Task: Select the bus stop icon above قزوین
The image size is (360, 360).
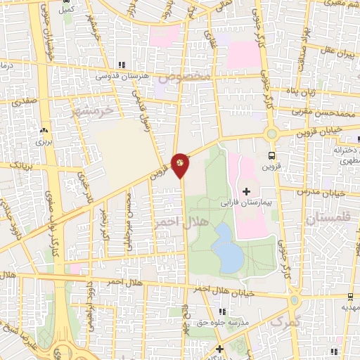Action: (x=272, y=155)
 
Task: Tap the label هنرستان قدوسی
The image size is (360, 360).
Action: (x=121, y=75)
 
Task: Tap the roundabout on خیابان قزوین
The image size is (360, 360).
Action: (x=271, y=134)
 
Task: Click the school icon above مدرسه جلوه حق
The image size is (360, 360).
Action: (x=223, y=311)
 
